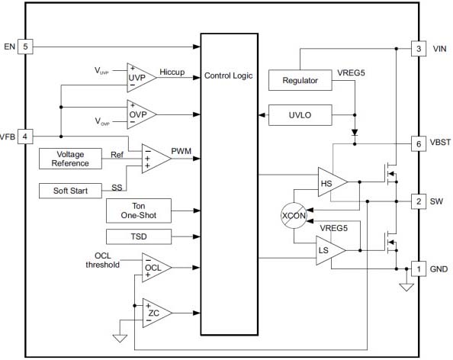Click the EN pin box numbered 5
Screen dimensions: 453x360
pyautogui.click(x=25, y=47)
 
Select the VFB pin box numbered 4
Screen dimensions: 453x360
pyautogui.click(x=25, y=136)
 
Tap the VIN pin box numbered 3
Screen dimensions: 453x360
pyautogui.click(x=419, y=49)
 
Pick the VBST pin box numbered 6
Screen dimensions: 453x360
pyautogui.click(x=419, y=143)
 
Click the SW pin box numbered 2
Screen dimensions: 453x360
pyautogui.click(x=419, y=201)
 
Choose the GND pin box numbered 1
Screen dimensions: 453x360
pyautogui.click(x=419, y=269)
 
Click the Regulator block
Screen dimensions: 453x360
pyautogui.click(x=300, y=80)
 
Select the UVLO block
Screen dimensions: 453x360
pyautogui.click(x=300, y=115)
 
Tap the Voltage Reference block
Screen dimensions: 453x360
pyautogui.click(x=70, y=159)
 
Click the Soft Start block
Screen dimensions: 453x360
pyautogui.click(x=70, y=191)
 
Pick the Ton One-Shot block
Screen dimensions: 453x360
pyautogui.click(x=139, y=211)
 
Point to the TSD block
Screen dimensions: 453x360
pyautogui.click(x=139, y=236)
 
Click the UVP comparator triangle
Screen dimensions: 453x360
pyautogui.click(x=141, y=78)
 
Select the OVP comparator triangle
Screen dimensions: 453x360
pyautogui.click(x=141, y=114)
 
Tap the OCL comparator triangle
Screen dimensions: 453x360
pyautogui.click(x=156, y=268)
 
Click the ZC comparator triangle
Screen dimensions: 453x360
pyautogui.click(x=157, y=313)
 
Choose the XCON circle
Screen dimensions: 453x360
pyautogui.click(x=294, y=216)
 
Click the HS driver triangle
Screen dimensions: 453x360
pyautogui.click(x=333, y=182)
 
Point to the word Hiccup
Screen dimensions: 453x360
pyautogui.click(x=172, y=72)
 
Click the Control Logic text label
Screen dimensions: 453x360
pyautogui.click(x=229, y=76)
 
